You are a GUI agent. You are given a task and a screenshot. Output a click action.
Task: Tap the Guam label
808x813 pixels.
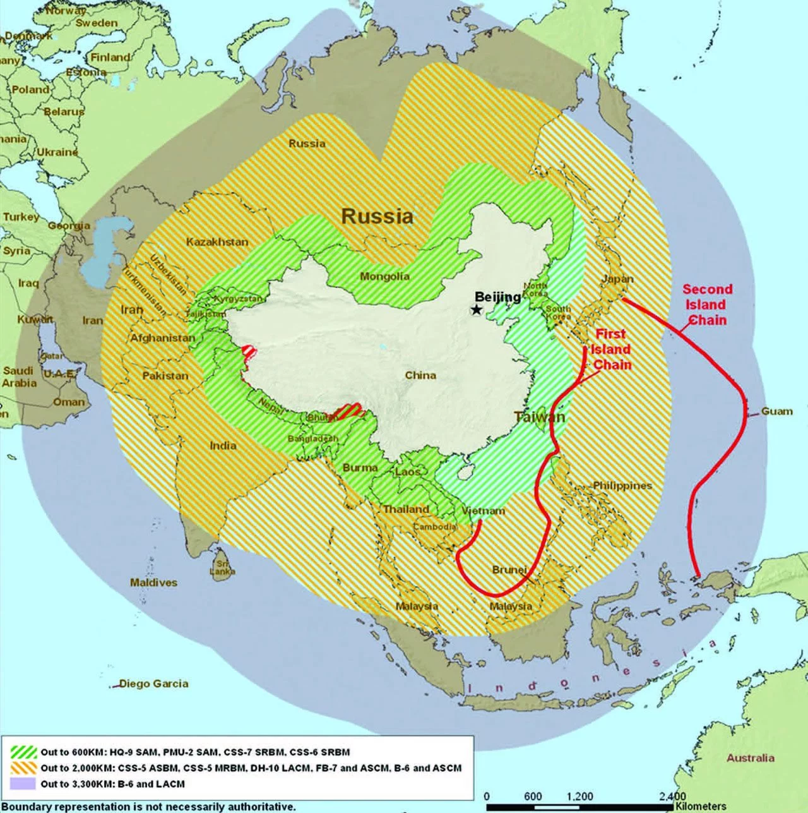point(776,411)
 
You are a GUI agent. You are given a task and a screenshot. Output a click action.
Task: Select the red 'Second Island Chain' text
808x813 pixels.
point(707,304)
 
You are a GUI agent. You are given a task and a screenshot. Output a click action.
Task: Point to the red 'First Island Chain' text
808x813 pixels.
point(610,349)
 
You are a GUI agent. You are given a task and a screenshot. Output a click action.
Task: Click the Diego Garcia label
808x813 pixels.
point(153,684)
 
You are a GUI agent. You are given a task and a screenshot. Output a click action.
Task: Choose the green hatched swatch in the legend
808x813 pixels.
point(23,752)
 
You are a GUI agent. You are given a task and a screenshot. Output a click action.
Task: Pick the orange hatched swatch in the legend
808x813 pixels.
point(23,768)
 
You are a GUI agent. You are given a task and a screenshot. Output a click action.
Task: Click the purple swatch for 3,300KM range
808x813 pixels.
point(23,784)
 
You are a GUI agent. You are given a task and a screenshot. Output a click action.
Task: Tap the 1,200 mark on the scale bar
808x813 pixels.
point(579,797)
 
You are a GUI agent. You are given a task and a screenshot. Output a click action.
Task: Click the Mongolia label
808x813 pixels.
point(384,276)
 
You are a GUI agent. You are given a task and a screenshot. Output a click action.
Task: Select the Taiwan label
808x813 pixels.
point(539,417)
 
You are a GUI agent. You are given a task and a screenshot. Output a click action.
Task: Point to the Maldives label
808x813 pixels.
point(153,582)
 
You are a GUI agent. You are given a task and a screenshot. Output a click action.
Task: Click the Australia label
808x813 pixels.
point(750,758)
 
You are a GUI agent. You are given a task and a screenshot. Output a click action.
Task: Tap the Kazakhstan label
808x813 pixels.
point(217,242)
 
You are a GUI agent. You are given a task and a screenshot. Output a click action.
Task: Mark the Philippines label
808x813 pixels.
point(622,486)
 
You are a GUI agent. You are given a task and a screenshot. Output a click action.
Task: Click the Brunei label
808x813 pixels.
point(509,570)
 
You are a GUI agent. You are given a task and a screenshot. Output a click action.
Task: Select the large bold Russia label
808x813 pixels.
point(377,216)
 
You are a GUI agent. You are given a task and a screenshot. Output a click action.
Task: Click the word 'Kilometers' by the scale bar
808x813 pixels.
point(701,806)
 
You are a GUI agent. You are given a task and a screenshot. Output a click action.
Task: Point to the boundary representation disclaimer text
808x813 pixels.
point(148,807)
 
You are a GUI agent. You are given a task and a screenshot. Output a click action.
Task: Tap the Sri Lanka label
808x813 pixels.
point(222,567)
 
